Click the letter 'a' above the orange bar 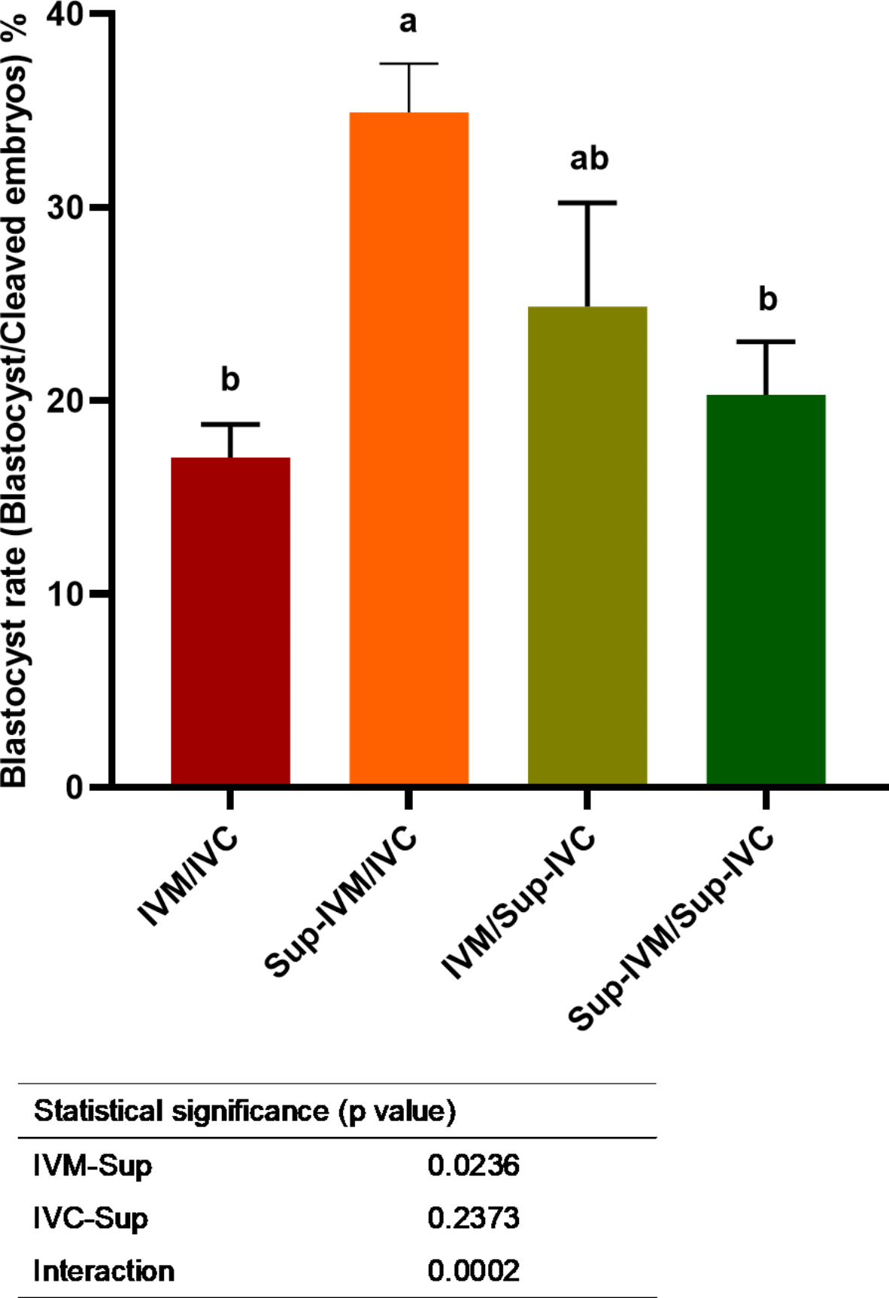[x=408, y=22]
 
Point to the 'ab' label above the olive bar [x=589, y=159]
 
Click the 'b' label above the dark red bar [x=230, y=378]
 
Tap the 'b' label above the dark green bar [x=767, y=299]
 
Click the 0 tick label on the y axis [x=74, y=787]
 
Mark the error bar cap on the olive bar [x=587, y=202]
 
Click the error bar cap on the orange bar [x=408, y=64]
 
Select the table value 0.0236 [x=473, y=1166]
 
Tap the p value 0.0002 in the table [x=473, y=1271]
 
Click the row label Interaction [x=104, y=1271]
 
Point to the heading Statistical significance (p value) [x=244, y=1111]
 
